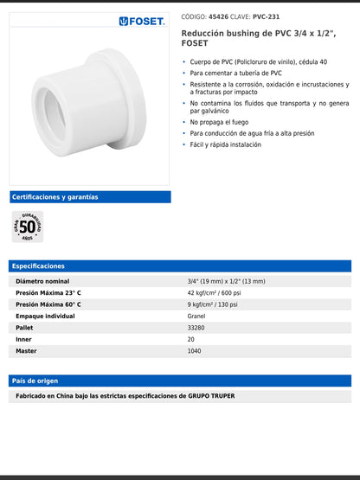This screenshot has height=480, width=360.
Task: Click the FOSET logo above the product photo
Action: point(141,21)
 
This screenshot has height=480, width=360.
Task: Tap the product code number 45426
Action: point(218,16)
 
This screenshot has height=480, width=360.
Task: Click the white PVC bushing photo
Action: point(89,99)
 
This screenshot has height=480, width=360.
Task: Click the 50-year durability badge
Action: point(28,227)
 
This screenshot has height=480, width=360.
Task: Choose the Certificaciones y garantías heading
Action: point(55,197)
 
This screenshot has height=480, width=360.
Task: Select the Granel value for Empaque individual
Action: point(196,317)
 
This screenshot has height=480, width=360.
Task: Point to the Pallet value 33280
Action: point(196,328)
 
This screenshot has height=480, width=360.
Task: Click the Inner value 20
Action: point(191,339)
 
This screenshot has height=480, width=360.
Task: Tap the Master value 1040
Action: point(195,351)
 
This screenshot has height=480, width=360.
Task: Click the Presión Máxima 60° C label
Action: point(48,304)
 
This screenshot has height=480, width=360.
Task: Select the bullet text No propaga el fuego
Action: point(223,123)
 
